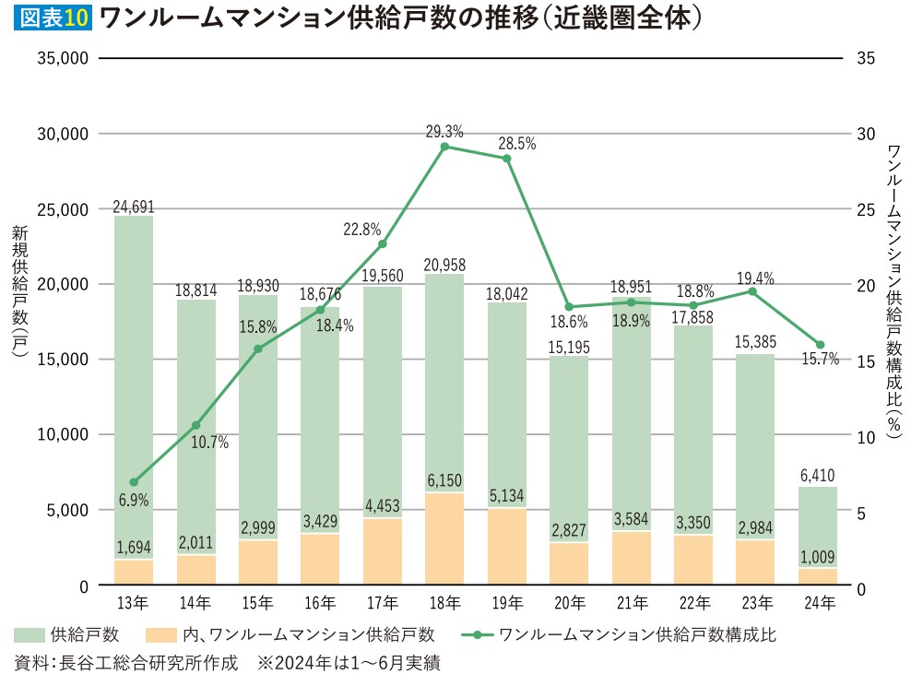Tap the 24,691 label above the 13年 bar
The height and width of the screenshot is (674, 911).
133,207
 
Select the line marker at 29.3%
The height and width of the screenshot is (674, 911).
444,147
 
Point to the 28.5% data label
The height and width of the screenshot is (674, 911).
516,144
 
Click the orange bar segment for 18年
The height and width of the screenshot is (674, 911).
444,539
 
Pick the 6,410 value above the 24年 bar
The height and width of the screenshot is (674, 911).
818,477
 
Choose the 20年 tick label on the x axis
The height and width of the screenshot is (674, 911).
569,604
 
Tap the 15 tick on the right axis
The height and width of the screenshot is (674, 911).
865,361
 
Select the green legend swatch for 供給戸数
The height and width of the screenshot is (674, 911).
30,635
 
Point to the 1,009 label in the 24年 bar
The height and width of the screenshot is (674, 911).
818,557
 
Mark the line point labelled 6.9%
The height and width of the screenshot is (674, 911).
134,482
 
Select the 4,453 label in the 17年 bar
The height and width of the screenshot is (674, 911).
382,505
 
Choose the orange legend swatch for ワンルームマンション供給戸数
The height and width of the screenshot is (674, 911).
160,635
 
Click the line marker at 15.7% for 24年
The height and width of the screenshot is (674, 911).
820,345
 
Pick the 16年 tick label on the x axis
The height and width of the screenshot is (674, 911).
320,604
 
